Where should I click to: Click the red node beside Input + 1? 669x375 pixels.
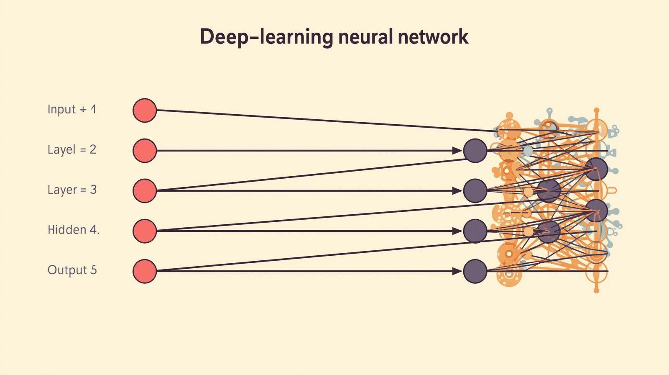[145, 110]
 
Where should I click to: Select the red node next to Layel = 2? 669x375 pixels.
[145, 151]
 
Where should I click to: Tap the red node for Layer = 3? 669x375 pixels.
[145, 191]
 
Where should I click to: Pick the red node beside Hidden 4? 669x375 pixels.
[145, 231]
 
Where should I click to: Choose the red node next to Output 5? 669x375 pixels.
[145, 271]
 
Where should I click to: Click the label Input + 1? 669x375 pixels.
[72, 110]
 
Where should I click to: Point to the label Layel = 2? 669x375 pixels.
[72, 149]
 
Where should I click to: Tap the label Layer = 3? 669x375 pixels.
[72, 190]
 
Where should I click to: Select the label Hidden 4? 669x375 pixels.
[73, 230]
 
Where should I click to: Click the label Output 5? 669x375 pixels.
[72, 270]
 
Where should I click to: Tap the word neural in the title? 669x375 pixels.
[365, 37]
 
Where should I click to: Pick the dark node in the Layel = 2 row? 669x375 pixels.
[475, 151]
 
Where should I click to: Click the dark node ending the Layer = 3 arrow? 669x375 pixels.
[475, 191]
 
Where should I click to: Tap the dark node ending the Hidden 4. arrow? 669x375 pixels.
[475, 231]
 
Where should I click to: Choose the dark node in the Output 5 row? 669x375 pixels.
[475, 271]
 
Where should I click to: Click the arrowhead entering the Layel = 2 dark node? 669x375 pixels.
[457, 151]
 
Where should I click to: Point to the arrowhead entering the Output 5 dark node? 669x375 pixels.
[457, 271]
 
